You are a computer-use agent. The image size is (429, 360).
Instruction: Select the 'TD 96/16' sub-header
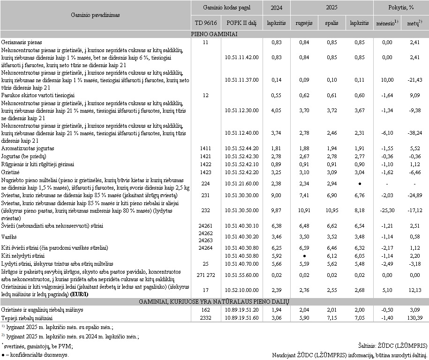pyautogui.click(x=206, y=22)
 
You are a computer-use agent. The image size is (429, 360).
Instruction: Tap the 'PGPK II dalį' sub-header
pyautogui.click(x=241, y=22)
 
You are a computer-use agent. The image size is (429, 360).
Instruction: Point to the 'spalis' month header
pyautogui.click(x=331, y=22)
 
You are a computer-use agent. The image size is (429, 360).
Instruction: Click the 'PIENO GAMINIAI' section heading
pyautogui.click(x=214, y=34)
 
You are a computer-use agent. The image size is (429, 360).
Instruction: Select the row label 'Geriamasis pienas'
pyautogui.click(x=22, y=42)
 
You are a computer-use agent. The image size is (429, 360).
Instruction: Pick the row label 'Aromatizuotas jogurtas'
pyautogui.click(x=28, y=148)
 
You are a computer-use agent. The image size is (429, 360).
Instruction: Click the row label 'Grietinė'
pyautogui.click(x=12, y=172)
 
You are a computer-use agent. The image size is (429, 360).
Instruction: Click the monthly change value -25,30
pyautogui.click(x=387, y=211)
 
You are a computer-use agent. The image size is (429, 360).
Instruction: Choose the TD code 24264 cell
pyautogui.click(x=206, y=247)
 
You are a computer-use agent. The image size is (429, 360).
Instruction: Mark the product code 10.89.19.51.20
pyautogui.click(x=241, y=310)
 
